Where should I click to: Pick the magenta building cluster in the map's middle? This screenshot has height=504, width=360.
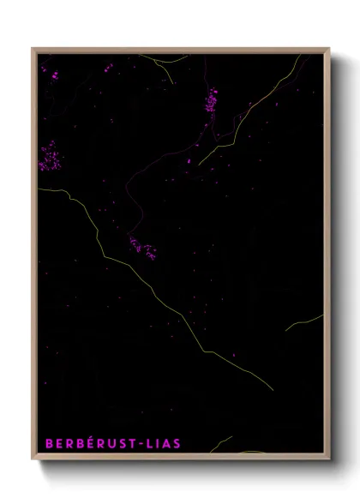142,248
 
